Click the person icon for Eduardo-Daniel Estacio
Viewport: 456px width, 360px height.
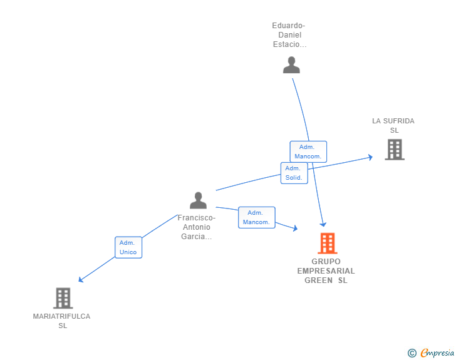point(291,65)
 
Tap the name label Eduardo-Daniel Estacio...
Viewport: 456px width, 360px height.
point(289,35)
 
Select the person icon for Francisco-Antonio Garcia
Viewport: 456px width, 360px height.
point(198,200)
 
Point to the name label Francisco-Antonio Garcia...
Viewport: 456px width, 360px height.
point(197,227)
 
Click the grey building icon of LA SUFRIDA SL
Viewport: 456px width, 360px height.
point(394,150)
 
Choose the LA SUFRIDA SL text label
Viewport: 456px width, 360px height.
point(393,125)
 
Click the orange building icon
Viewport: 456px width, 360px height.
point(327,243)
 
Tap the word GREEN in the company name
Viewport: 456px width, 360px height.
point(318,280)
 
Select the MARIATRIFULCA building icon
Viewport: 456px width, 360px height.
point(63,298)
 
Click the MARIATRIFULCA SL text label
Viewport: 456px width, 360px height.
point(61,321)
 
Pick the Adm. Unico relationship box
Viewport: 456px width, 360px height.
point(128,247)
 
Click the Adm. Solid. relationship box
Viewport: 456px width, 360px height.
point(294,173)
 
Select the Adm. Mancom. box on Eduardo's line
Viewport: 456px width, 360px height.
point(308,152)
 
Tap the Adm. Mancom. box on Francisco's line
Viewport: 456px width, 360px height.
point(256,217)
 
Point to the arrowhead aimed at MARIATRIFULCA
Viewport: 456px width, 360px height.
point(80,280)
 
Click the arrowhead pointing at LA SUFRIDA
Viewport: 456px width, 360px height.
point(370,157)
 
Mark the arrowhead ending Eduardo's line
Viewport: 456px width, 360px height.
point(323,224)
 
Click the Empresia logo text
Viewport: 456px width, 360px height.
point(437,353)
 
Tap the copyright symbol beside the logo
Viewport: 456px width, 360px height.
point(412,353)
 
